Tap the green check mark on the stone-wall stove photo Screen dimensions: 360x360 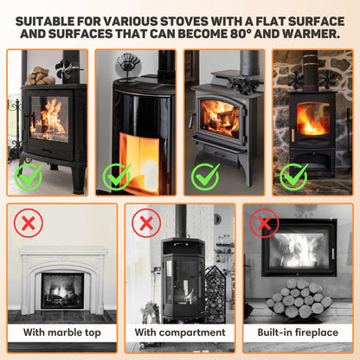click(x=293, y=177)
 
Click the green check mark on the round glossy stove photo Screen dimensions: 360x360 click(x=117, y=177)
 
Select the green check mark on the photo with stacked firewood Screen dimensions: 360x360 click(x=29, y=177)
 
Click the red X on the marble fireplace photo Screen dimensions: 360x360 click(x=29, y=224)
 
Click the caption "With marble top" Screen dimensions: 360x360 click(x=61, y=331)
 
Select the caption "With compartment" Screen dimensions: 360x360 click(x=180, y=331)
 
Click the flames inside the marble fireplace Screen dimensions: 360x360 click(x=62, y=291)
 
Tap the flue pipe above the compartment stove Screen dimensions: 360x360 click(x=181, y=221)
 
